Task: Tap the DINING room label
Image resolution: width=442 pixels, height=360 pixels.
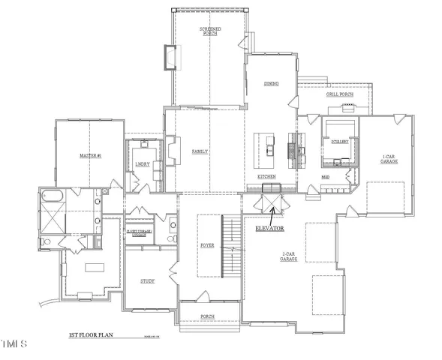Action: pos(271,84)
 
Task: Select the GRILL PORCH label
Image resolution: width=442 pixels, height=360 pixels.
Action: pos(339,94)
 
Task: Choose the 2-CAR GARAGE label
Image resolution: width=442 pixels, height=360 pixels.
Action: pos(289,256)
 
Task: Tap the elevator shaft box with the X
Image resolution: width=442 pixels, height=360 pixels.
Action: pos(268,203)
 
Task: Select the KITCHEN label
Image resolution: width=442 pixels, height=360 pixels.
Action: pos(266,176)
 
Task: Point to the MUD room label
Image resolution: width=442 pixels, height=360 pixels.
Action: pos(325,177)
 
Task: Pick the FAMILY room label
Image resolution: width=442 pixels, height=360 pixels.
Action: pos(200,151)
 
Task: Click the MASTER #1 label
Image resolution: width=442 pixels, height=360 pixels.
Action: pos(90,155)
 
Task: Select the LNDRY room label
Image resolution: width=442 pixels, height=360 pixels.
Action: pos(142,163)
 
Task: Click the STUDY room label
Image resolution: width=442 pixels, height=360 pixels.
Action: pos(147,281)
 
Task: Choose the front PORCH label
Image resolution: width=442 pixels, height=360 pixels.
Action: pos(207,317)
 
